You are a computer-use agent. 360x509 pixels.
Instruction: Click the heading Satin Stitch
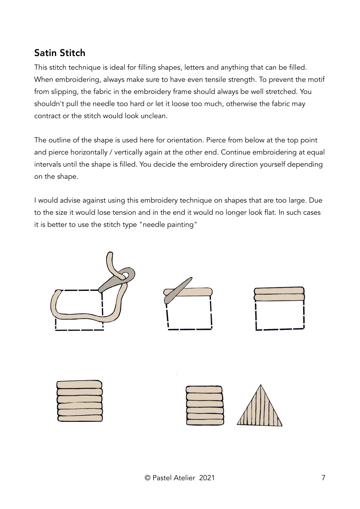[59, 53]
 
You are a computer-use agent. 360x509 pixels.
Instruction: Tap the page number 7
[323, 478]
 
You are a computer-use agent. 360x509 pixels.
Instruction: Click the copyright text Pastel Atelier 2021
[180, 478]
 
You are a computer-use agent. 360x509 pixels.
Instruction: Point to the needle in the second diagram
[178, 290]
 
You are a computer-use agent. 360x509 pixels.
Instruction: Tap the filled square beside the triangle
[205, 405]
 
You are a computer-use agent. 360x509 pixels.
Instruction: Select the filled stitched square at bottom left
[80, 401]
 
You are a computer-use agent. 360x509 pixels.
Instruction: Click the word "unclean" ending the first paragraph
[153, 116]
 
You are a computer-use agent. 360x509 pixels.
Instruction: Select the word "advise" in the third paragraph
[70, 200]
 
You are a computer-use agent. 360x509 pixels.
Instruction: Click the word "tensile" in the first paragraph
[213, 80]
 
